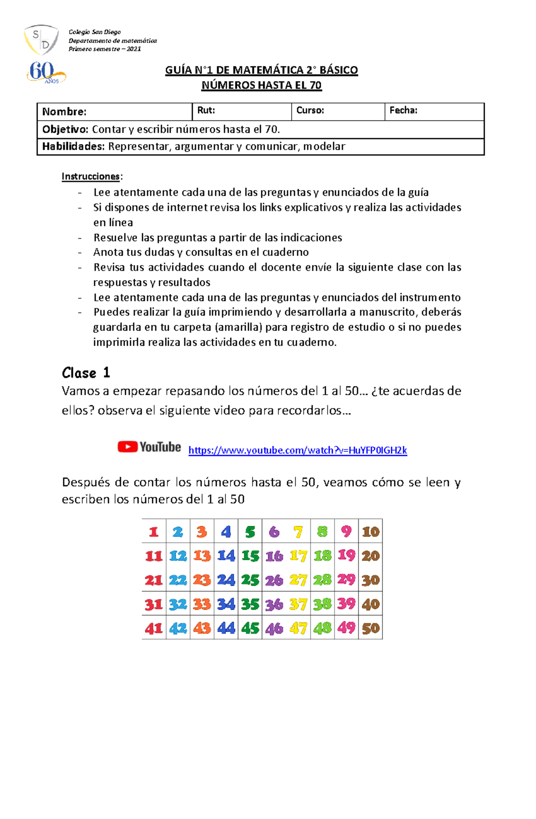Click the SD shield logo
click(x=41, y=40)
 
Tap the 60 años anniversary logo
click(x=46, y=73)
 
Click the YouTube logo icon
click(x=149, y=447)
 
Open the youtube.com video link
click(x=297, y=450)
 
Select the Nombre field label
click(x=64, y=112)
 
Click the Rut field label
click(x=206, y=110)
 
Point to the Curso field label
click(x=310, y=110)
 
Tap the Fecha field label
click(x=403, y=110)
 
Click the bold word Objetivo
click(x=65, y=129)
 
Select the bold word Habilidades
click(x=73, y=146)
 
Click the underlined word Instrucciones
click(x=91, y=176)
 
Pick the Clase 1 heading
click(x=86, y=373)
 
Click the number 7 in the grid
click(x=298, y=532)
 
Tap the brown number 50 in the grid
click(x=371, y=628)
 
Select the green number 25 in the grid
click(x=250, y=580)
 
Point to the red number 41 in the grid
click(x=154, y=628)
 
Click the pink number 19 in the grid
click(x=347, y=556)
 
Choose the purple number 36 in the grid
click(x=274, y=604)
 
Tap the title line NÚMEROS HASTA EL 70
click(x=261, y=85)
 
